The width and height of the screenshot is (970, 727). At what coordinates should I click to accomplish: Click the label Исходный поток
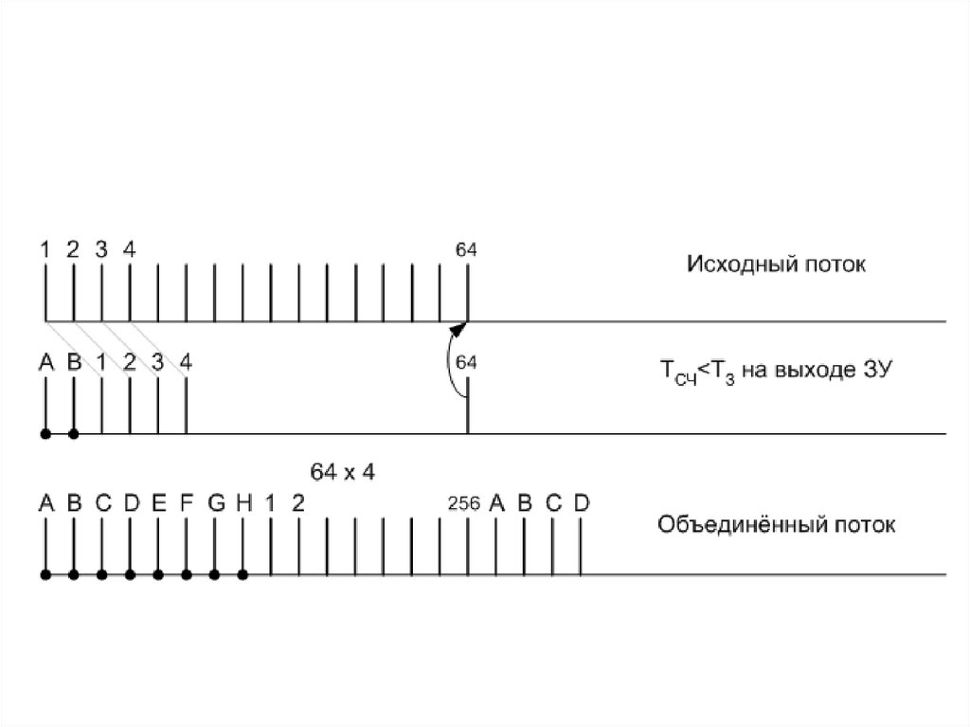click(776, 264)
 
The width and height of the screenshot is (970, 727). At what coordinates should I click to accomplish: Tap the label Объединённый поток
click(776, 524)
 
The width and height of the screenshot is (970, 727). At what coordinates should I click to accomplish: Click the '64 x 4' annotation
click(343, 471)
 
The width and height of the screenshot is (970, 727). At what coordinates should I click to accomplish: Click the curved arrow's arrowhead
click(459, 329)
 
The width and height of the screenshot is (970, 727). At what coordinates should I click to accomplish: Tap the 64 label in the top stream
click(466, 250)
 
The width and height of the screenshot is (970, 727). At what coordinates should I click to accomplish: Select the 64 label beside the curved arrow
click(466, 361)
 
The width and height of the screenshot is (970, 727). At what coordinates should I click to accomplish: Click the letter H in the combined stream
click(243, 503)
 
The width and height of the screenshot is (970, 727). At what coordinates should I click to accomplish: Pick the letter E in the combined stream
click(158, 503)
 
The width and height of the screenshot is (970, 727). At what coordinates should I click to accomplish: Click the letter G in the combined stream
click(215, 503)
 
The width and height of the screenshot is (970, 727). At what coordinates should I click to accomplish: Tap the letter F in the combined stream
click(187, 503)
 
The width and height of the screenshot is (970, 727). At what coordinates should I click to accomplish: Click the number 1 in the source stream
click(45, 250)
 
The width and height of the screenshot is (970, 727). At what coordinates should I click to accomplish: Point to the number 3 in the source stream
click(101, 250)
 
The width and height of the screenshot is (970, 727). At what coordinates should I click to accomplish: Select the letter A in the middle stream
click(45, 361)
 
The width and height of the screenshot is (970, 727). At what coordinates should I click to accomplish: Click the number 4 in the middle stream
click(187, 361)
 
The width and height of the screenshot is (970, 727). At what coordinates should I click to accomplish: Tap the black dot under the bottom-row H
click(243, 574)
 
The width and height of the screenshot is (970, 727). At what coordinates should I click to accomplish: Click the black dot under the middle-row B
click(73, 434)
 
